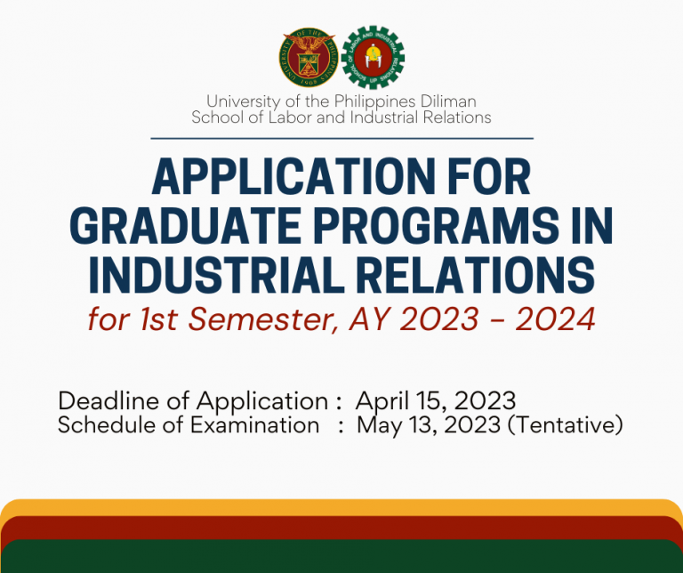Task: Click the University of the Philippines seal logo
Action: [x=308, y=58]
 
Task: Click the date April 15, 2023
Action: [x=436, y=400]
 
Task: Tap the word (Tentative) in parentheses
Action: [x=565, y=425]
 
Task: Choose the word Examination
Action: [x=255, y=425]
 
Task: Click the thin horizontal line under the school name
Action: [x=341, y=138]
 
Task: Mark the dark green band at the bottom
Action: [x=341, y=558]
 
